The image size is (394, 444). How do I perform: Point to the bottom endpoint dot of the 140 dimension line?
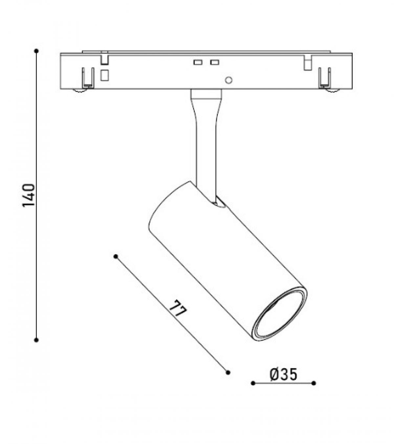pos(37,340)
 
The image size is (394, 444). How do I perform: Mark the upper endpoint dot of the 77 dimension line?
pos(116,257)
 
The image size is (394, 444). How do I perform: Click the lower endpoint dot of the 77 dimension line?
pos(228,372)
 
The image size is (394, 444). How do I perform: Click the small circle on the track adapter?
pos(229,80)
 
